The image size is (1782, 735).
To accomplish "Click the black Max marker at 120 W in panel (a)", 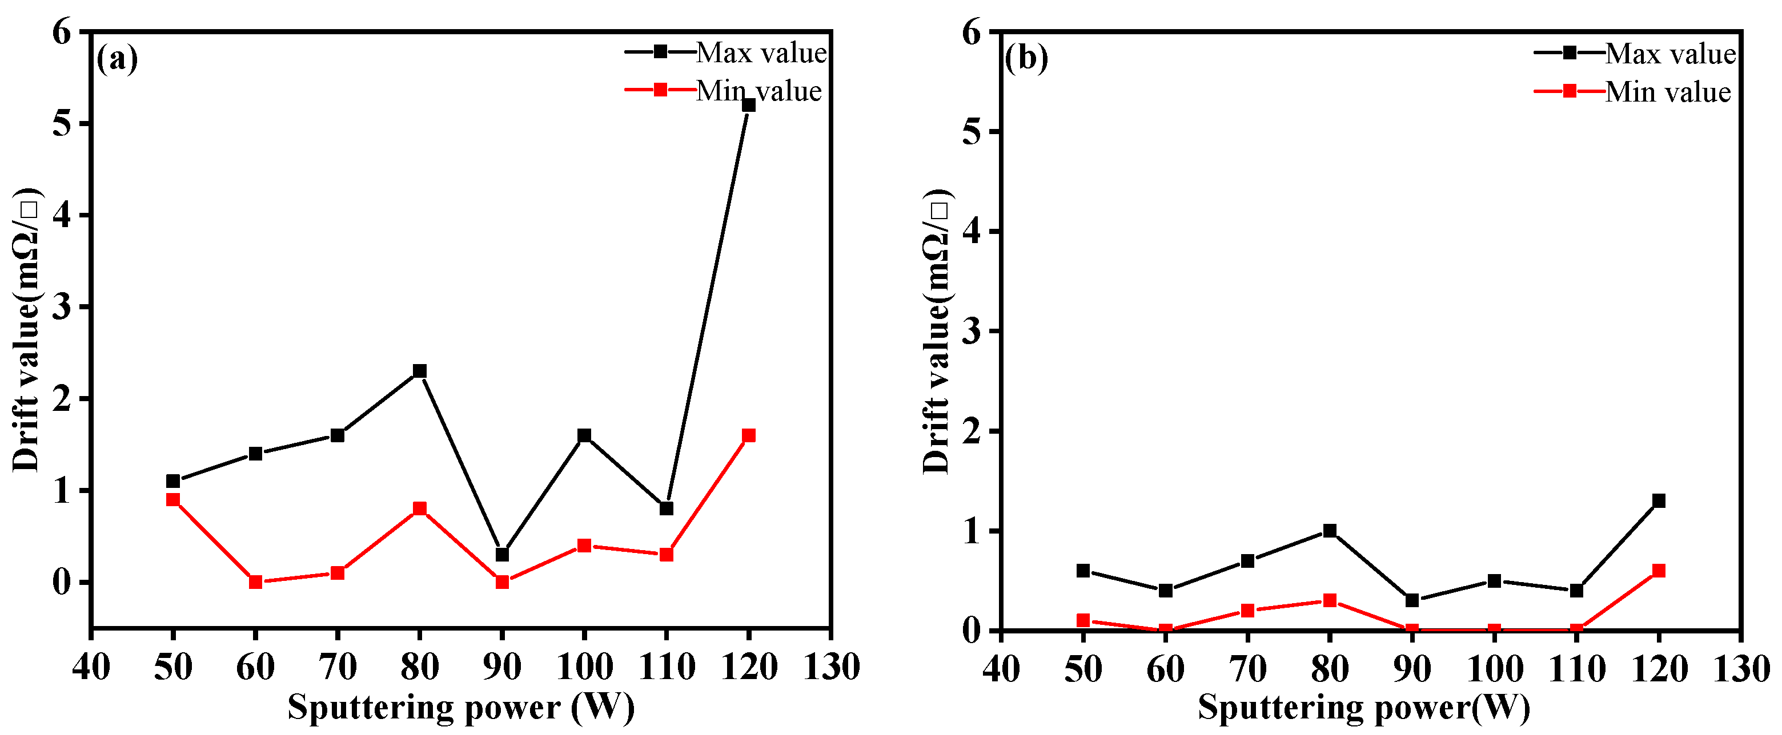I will tap(748, 105).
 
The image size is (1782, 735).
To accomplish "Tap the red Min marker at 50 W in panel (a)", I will tap(173, 500).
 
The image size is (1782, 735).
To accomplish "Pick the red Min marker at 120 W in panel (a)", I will tap(748, 435).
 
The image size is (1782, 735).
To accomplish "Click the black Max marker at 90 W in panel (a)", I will tap(502, 555).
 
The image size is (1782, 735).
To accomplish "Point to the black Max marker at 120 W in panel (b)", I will tap(1658, 501).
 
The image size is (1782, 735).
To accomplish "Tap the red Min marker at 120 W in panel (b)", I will tap(1658, 571).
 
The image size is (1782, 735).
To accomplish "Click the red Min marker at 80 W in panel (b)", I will tap(1329, 601).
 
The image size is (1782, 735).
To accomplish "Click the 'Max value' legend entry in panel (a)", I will tap(760, 52).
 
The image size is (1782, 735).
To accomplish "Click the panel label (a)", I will tap(117, 59).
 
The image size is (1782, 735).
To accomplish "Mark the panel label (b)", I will tap(1026, 59).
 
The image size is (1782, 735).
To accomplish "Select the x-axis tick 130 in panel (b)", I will tap(1740, 669).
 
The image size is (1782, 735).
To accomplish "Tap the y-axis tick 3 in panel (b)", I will tap(972, 331).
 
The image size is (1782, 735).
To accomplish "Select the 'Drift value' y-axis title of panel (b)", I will tap(937, 330).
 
